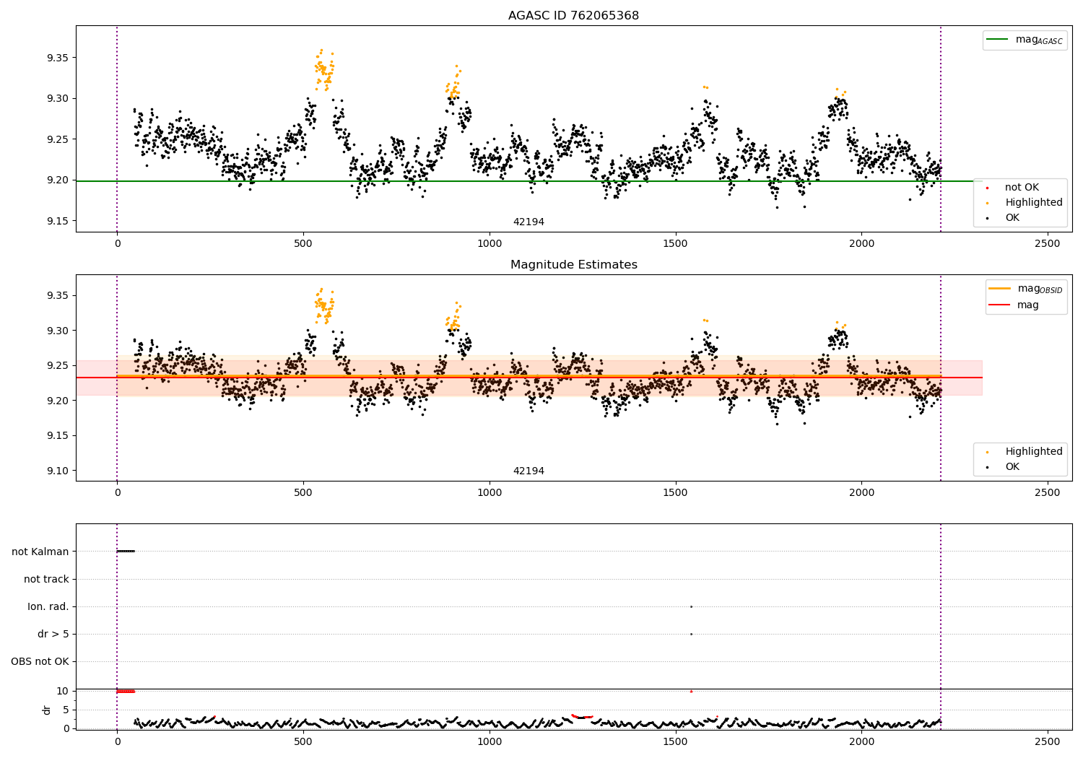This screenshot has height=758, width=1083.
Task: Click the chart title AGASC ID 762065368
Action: (573, 16)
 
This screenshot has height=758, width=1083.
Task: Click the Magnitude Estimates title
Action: (573, 265)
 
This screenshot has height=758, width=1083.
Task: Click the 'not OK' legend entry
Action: (1022, 188)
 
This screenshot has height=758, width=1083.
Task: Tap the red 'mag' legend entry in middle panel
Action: (1027, 305)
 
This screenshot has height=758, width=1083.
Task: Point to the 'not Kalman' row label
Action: (40, 552)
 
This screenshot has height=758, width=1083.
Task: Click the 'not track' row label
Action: (46, 579)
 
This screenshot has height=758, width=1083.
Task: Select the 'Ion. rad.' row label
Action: (48, 606)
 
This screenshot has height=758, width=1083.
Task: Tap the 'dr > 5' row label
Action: (53, 634)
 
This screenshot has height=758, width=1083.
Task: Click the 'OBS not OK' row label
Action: (40, 661)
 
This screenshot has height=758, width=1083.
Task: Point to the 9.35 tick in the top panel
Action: (57, 58)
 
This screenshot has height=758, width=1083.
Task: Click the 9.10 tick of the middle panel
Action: (57, 471)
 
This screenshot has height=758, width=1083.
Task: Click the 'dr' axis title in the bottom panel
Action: (47, 710)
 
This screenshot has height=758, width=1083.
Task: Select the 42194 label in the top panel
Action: (529, 222)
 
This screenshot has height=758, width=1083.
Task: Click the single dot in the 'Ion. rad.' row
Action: (691, 606)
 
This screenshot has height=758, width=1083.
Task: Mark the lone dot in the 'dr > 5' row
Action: (691, 634)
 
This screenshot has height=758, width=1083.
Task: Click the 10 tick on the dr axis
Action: (62, 691)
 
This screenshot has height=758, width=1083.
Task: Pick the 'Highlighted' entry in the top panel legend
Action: (1033, 203)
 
